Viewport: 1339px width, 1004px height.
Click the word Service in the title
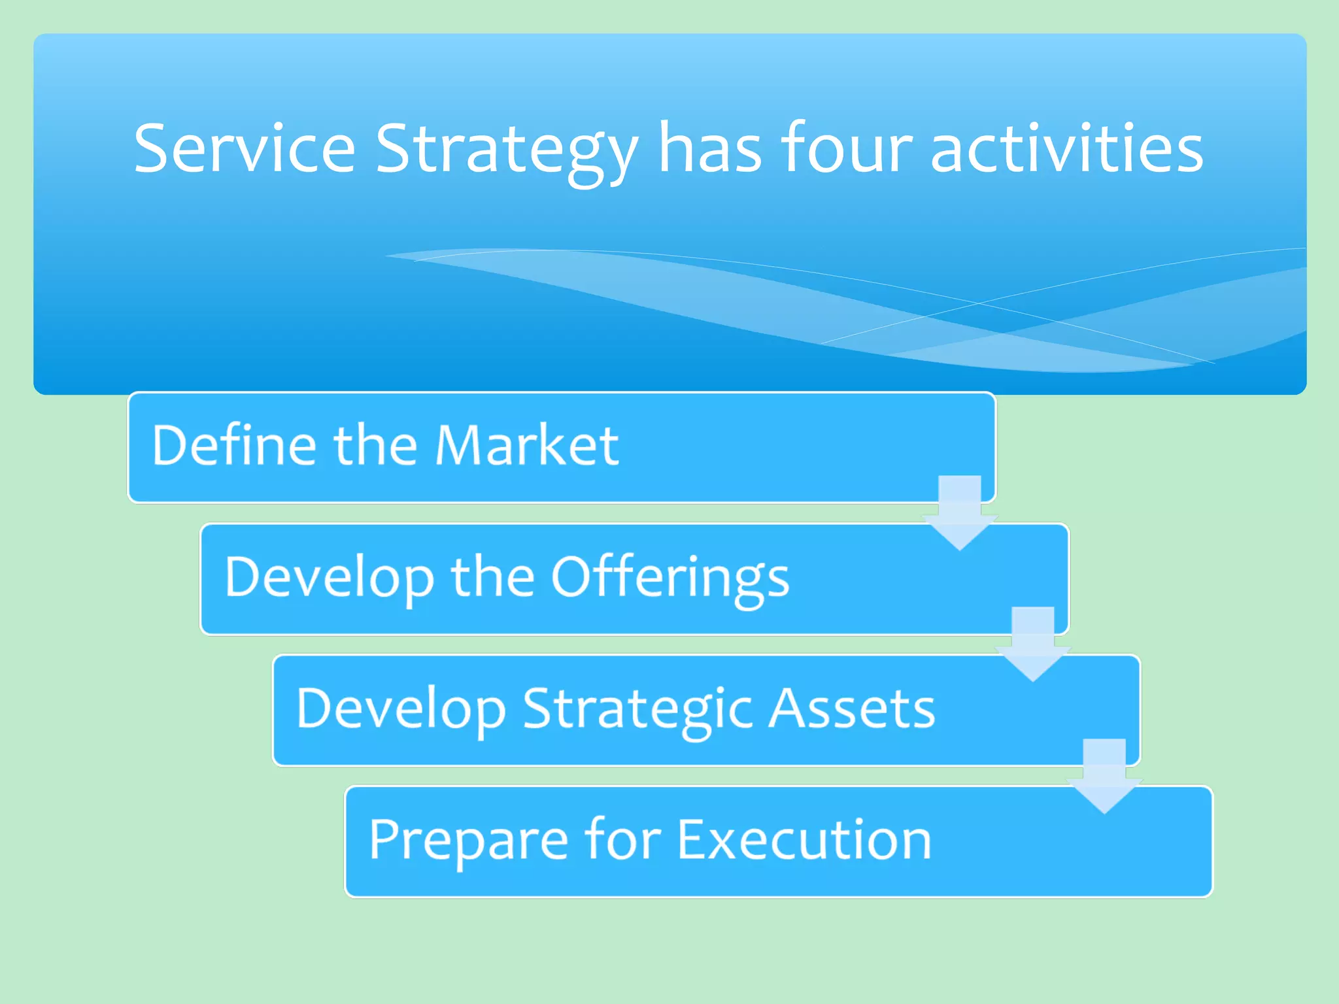coord(245,149)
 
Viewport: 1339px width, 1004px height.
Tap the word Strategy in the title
coord(506,150)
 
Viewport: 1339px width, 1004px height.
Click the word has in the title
coord(709,149)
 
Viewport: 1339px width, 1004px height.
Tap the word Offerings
coord(670,578)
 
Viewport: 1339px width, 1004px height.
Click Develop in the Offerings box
coord(329,578)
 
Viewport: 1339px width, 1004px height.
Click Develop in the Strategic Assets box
coord(401,709)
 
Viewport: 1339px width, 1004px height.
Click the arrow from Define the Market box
coord(960,514)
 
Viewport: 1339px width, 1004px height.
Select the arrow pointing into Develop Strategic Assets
coord(1032,645)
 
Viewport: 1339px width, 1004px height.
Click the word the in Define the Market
coord(375,445)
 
